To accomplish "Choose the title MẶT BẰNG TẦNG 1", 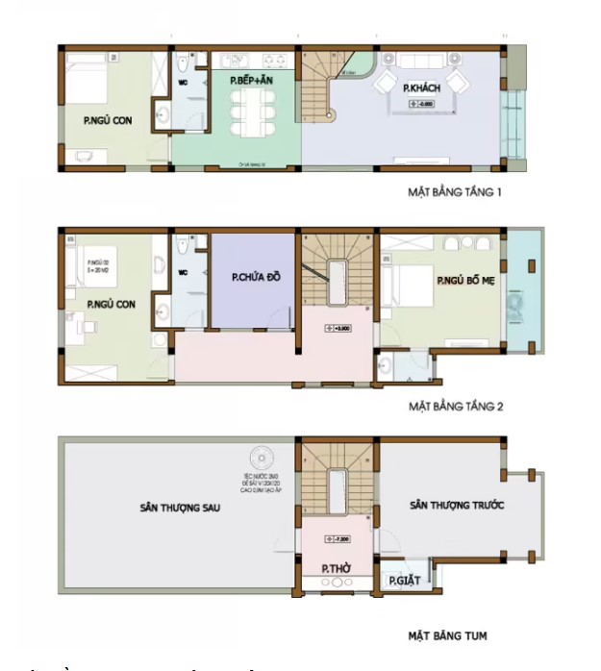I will coord(455,192).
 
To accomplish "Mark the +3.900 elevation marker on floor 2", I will coord(338,329).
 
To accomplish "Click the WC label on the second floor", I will coord(184,271).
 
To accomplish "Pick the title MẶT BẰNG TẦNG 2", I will coord(455,407).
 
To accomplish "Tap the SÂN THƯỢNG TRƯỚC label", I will coord(458,504).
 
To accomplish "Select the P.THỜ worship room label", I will coord(335,569).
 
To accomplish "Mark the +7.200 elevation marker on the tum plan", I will coord(338,537).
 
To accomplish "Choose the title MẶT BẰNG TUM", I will coord(447,635).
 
